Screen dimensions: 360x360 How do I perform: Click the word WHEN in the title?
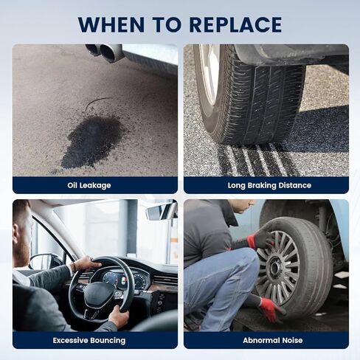[x=111, y=24]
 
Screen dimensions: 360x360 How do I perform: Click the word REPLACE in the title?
[x=236, y=24]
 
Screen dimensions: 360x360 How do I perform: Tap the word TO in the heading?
[x=167, y=24]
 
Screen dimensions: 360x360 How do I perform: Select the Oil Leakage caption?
[x=89, y=185]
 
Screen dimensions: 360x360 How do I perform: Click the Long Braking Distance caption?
[x=269, y=185]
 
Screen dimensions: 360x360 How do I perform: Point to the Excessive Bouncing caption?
[x=89, y=340]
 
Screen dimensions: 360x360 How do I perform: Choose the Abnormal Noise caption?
[x=273, y=340]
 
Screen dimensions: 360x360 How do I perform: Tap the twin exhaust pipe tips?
[x=105, y=52]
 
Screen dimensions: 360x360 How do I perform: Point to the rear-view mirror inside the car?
[x=161, y=211]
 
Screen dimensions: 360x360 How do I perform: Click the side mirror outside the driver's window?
[x=44, y=261]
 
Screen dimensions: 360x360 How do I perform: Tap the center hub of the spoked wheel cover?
[x=275, y=267]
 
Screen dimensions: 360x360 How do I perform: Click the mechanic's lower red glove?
[x=271, y=309]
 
